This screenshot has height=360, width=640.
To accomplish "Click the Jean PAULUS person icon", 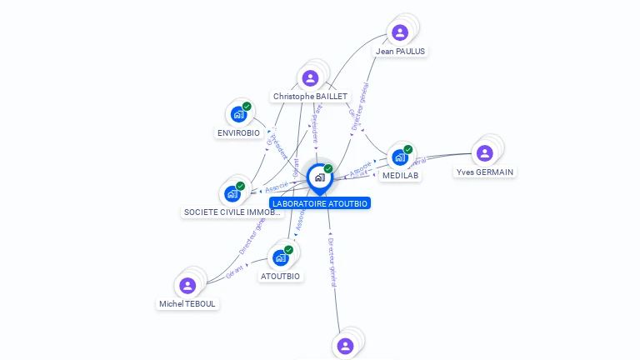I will (400, 32).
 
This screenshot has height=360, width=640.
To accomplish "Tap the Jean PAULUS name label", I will (400, 51).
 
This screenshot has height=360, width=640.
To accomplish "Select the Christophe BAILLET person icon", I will (310, 78).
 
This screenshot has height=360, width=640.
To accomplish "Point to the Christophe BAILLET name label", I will (310, 97).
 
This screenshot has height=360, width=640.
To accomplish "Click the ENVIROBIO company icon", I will (238, 114).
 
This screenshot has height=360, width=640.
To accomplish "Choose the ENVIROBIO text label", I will (238, 132).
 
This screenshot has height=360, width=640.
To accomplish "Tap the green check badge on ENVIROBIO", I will (247, 106).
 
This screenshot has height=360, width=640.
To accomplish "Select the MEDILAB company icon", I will (400, 157).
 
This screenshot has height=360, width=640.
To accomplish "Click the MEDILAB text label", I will (401, 176).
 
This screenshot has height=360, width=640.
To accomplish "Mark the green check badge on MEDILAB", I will (408, 149).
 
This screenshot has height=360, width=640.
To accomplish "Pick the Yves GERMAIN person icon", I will (485, 153).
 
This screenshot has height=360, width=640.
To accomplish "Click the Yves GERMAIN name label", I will (485, 172).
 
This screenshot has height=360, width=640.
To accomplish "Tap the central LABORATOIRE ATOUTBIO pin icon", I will (319, 177).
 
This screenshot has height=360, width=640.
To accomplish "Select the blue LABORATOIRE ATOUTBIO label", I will (319, 202).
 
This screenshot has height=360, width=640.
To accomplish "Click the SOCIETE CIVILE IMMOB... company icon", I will (232, 193).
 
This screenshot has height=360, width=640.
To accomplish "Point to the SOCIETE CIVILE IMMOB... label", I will (232, 212).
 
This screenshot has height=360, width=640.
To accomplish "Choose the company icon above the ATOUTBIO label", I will (280, 257).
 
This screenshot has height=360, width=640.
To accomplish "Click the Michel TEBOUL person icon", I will (187, 286).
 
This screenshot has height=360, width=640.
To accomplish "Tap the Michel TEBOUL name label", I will (187, 304).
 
